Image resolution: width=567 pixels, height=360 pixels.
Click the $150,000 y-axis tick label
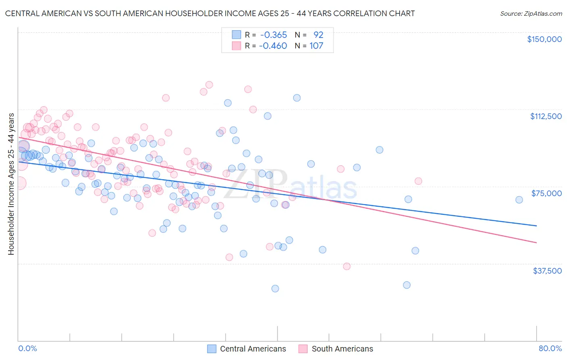(x=544, y=39)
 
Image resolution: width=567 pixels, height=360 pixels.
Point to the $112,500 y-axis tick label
(x=546, y=116)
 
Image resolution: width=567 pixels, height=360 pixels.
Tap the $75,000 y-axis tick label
(x=546, y=193)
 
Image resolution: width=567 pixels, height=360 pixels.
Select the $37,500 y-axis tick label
(x=547, y=271)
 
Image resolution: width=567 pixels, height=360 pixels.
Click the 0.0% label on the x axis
(x=27, y=348)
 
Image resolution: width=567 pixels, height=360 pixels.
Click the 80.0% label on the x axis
(x=550, y=348)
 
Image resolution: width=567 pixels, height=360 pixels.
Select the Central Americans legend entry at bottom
(x=247, y=349)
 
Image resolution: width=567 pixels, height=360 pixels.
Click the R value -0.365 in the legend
(x=273, y=35)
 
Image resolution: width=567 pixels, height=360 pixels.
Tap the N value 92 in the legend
(x=318, y=35)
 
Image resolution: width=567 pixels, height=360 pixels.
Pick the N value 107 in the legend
(x=316, y=46)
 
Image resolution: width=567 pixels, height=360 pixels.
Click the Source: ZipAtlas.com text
(x=531, y=14)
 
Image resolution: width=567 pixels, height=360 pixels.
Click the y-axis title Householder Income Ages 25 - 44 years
(x=11, y=184)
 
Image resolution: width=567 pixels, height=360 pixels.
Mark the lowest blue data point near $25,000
(x=275, y=289)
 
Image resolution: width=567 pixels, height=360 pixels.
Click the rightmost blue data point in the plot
(x=519, y=200)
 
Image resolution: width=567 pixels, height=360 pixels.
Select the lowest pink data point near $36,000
(x=346, y=266)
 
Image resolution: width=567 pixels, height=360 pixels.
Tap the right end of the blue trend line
(x=536, y=226)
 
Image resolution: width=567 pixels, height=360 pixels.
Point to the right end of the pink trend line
(x=536, y=243)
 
